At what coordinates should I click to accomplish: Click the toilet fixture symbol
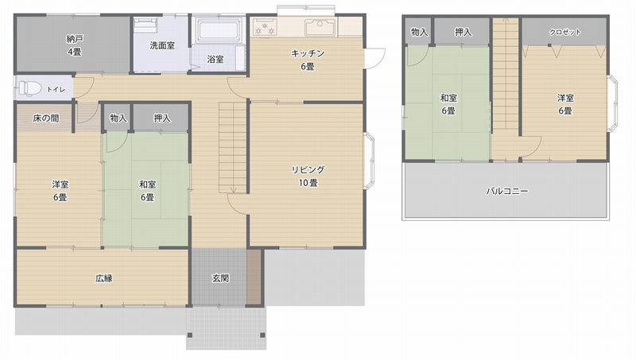29,87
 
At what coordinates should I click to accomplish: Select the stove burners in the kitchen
264,28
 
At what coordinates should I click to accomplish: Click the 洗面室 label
162,45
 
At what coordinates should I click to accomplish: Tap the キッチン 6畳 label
307,60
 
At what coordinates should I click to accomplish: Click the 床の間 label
45,118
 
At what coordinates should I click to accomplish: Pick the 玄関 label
221,278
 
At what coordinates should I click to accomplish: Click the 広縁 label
103,278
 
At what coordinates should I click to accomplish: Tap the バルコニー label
507,192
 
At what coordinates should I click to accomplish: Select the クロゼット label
565,32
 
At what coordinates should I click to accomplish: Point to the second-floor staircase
505,79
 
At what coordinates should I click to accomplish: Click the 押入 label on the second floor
463,32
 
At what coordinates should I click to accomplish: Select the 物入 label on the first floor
118,118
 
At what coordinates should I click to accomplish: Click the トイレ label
56,89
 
